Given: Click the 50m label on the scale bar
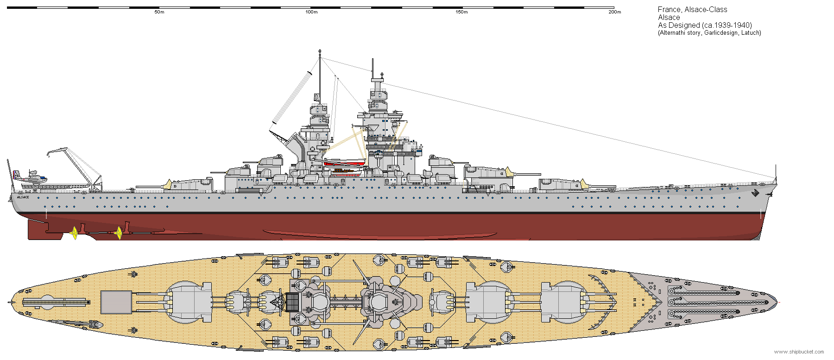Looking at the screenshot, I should (x=159, y=12).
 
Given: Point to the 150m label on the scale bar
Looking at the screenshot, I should (x=462, y=12).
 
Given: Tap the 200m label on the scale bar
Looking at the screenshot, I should (x=614, y=12).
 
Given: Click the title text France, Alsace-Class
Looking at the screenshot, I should (x=692, y=9).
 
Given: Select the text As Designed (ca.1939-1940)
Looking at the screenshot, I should (x=705, y=25).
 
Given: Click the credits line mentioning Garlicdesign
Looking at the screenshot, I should (x=709, y=32).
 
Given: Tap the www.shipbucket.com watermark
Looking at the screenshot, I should (x=799, y=352).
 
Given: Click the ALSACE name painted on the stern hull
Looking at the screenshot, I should (x=23, y=197).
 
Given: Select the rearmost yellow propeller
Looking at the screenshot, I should (x=73, y=233).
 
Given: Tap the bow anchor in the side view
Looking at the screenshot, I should (x=756, y=193).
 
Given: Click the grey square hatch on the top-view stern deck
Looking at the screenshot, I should (x=116, y=302).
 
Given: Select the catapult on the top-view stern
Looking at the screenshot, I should (x=56, y=302).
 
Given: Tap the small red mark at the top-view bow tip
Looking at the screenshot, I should (x=779, y=302).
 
